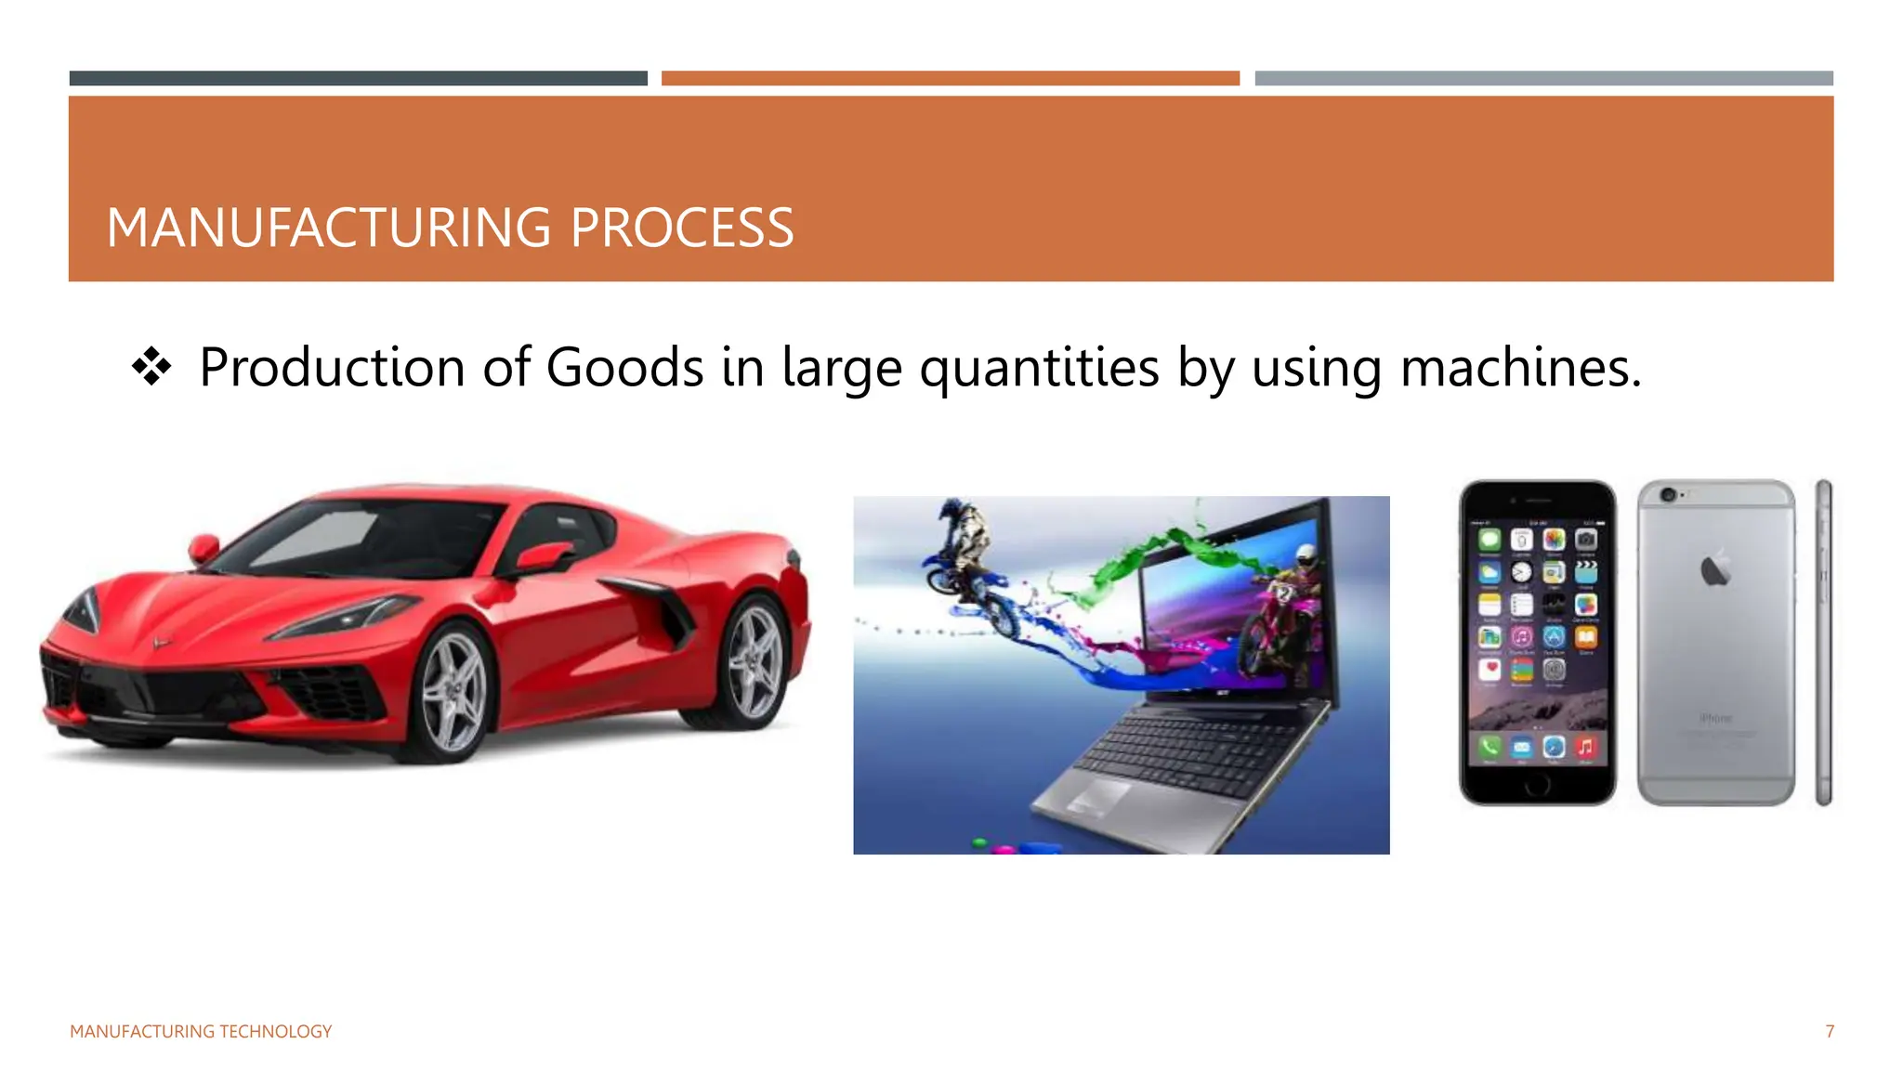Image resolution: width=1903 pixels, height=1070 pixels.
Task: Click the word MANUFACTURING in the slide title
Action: click(x=329, y=228)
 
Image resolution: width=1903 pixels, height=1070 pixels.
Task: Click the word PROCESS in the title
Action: click(x=682, y=228)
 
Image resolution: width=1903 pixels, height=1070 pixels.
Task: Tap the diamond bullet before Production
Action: click(x=151, y=367)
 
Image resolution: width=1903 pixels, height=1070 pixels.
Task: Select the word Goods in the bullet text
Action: click(x=624, y=368)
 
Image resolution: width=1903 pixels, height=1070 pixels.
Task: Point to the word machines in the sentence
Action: click(x=1520, y=368)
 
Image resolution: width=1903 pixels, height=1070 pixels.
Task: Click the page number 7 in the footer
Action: click(x=1830, y=1032)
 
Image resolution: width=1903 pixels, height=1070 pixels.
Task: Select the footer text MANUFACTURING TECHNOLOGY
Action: click(x=201, y=1032)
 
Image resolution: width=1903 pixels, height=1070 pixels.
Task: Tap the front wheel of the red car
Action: click(x=453, y=692)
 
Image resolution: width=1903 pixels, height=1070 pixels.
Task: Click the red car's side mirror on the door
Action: click(x=544, y=557)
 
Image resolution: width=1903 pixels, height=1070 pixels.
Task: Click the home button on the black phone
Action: click(x=1538, y=785)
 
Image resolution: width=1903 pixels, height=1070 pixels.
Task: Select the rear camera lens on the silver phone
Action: click(x=1668, y=495)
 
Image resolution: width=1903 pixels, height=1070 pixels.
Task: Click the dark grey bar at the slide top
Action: click(x=359, y=79)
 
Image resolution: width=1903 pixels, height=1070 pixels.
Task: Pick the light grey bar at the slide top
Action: click(x=1543, y=79)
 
